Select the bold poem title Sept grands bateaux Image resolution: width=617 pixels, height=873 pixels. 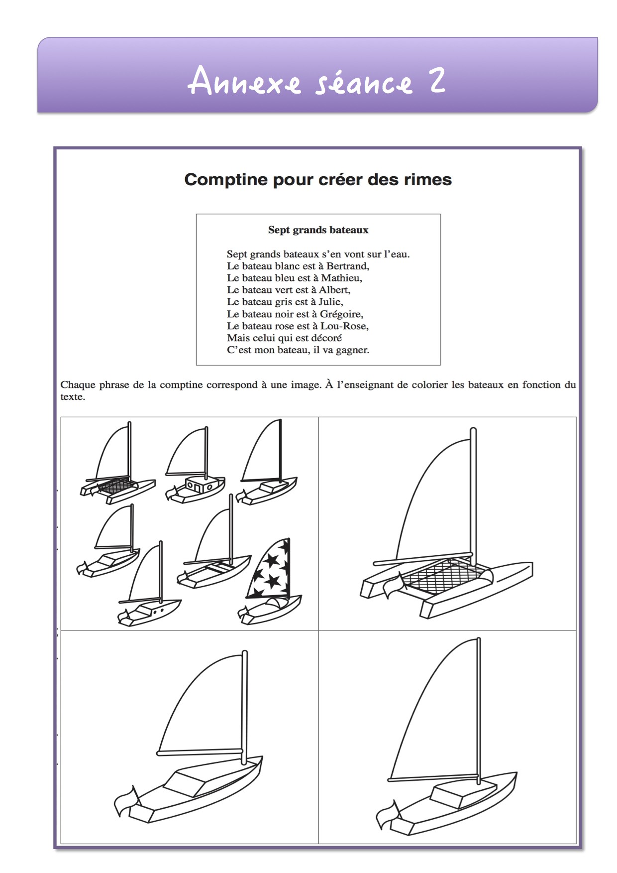[x=318, y=230]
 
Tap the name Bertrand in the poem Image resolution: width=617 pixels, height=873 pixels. [x=347, y=266]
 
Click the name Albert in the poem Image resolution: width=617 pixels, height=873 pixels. [x=334, y=290]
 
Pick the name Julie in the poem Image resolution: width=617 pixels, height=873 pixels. [x=330, y=302]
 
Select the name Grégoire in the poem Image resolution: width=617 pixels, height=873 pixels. [x=341, y=314]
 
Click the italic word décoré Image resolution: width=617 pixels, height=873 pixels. [x=326, y=338]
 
